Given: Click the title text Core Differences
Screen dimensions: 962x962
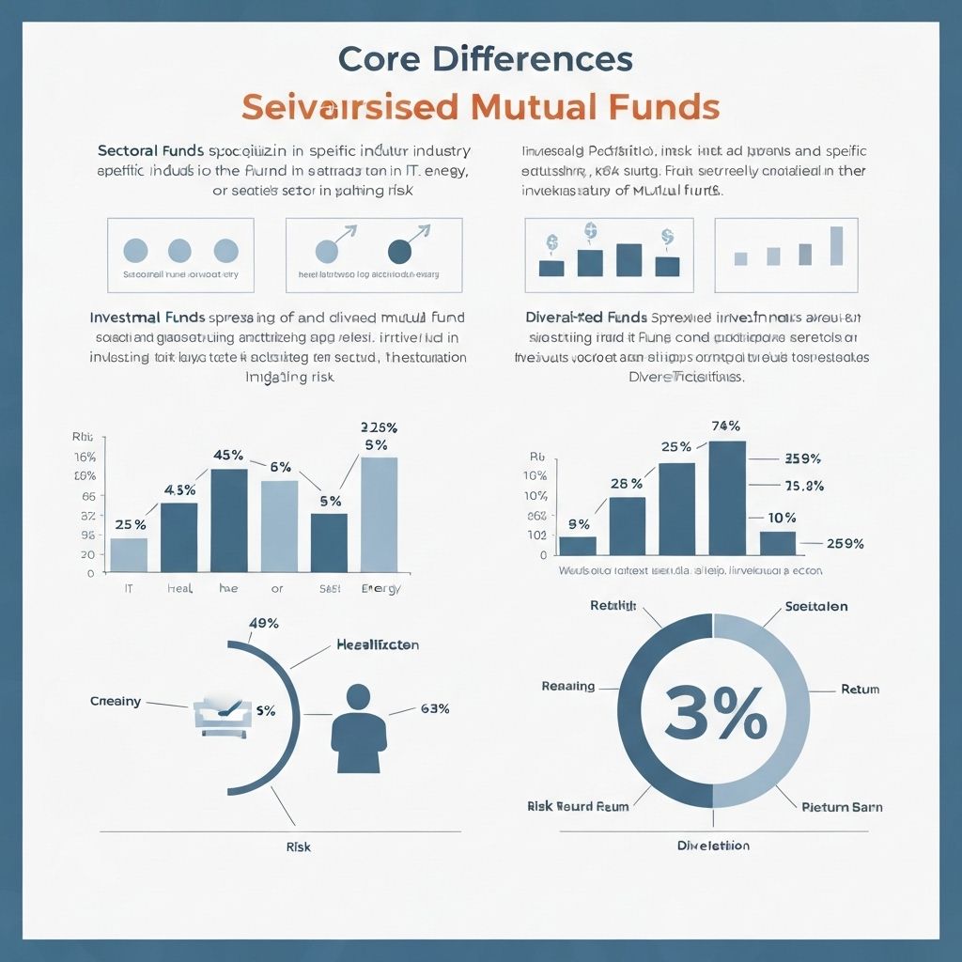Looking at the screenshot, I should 485,58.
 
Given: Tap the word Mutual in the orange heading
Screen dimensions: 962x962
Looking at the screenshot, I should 552,105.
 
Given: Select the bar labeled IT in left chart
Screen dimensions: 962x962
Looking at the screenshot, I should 129,554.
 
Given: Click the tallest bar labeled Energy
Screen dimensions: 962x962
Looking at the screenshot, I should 379,514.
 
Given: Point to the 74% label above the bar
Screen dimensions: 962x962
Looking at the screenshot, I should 726,426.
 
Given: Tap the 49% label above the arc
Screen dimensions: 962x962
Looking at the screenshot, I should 263,623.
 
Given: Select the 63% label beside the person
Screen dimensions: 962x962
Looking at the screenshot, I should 435,708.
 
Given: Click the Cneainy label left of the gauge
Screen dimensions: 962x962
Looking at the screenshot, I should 116,701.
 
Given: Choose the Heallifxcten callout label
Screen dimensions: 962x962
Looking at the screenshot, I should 378,645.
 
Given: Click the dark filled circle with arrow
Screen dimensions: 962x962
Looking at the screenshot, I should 399,251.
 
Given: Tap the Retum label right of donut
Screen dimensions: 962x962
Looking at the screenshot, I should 860,690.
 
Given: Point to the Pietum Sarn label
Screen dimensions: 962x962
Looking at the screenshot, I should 842,807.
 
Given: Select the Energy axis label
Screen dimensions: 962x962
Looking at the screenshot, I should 380,589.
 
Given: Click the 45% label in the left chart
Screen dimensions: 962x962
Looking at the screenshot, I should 228,455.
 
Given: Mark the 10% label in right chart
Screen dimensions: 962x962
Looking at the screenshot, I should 782,518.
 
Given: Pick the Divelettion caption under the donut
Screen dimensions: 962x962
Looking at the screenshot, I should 713,846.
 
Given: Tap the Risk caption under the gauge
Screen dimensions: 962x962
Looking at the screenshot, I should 298,846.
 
